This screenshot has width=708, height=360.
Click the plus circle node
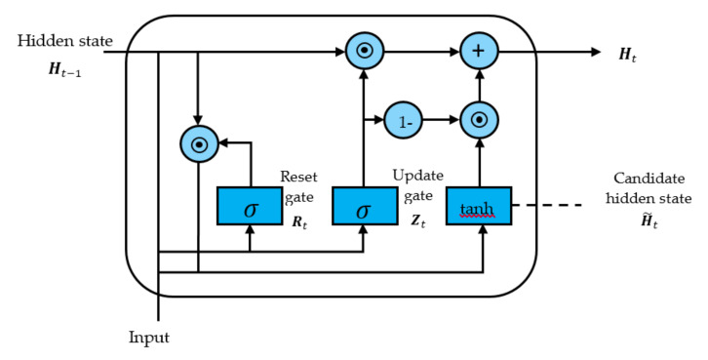pos(478,51)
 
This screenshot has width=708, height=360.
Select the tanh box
pos(478,206)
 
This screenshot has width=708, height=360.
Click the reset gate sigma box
pos(250,206)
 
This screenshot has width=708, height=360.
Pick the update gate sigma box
pos(364,206)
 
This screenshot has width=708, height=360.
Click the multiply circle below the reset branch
pos(198,144)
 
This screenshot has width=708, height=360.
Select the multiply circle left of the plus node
pos(364,51)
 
